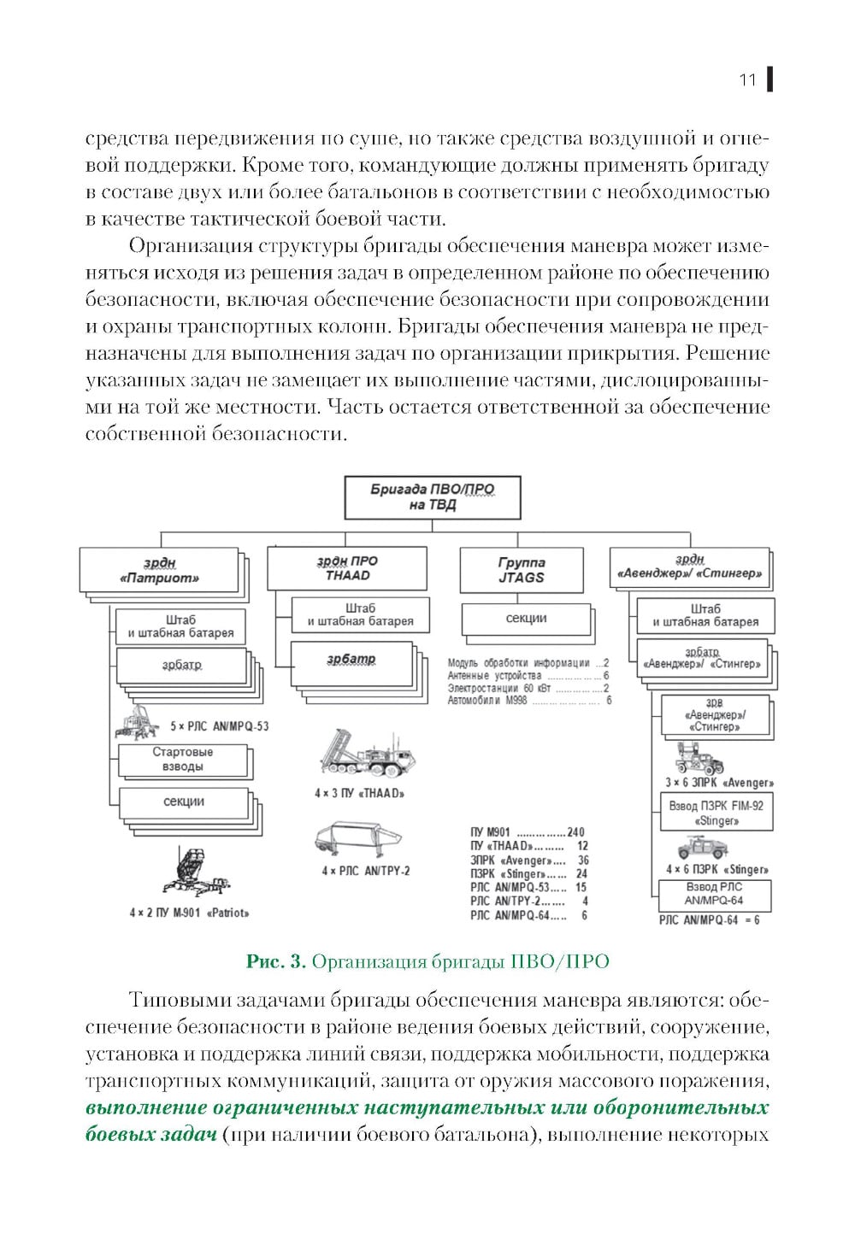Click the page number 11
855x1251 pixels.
747,80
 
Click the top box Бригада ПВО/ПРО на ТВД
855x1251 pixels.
432,497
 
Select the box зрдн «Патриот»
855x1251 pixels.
159,570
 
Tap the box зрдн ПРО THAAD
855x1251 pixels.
347,568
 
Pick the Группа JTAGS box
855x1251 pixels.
522,570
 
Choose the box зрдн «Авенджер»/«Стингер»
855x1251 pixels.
689,567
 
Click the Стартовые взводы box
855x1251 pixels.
182,759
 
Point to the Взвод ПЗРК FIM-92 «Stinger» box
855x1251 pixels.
716,813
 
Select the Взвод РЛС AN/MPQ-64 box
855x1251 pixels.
714,894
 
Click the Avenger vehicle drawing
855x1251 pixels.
700,757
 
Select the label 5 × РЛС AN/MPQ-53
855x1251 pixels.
219,726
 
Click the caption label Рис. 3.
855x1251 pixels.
275,961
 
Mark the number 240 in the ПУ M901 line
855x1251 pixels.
575,832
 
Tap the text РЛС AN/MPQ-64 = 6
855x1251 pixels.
709,920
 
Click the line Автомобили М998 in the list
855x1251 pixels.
487,701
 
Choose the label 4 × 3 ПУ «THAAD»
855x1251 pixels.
359,793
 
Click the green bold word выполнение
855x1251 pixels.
146,1108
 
